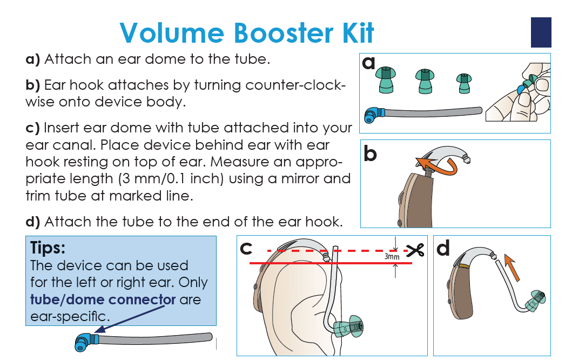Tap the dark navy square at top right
point(541,32)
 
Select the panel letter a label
point(369,64)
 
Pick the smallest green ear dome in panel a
point(463,84)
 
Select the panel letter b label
point(370,154)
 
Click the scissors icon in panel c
point(415,251)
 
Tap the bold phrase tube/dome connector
point(103,299)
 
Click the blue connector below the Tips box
point(85,341)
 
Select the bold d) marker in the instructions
point(33,222)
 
